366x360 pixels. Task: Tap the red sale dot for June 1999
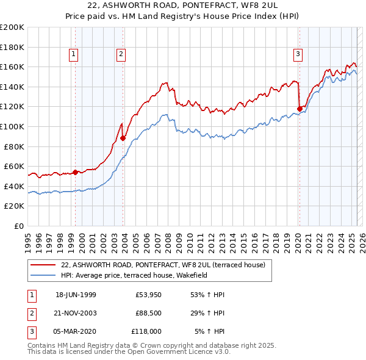click(76, 172)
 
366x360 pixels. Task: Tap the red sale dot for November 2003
click(123, 138)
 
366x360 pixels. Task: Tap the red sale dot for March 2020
click(300, 109)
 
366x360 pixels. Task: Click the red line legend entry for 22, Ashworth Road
click(163, 265)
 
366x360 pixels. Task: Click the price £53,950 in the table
click(149, 295)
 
